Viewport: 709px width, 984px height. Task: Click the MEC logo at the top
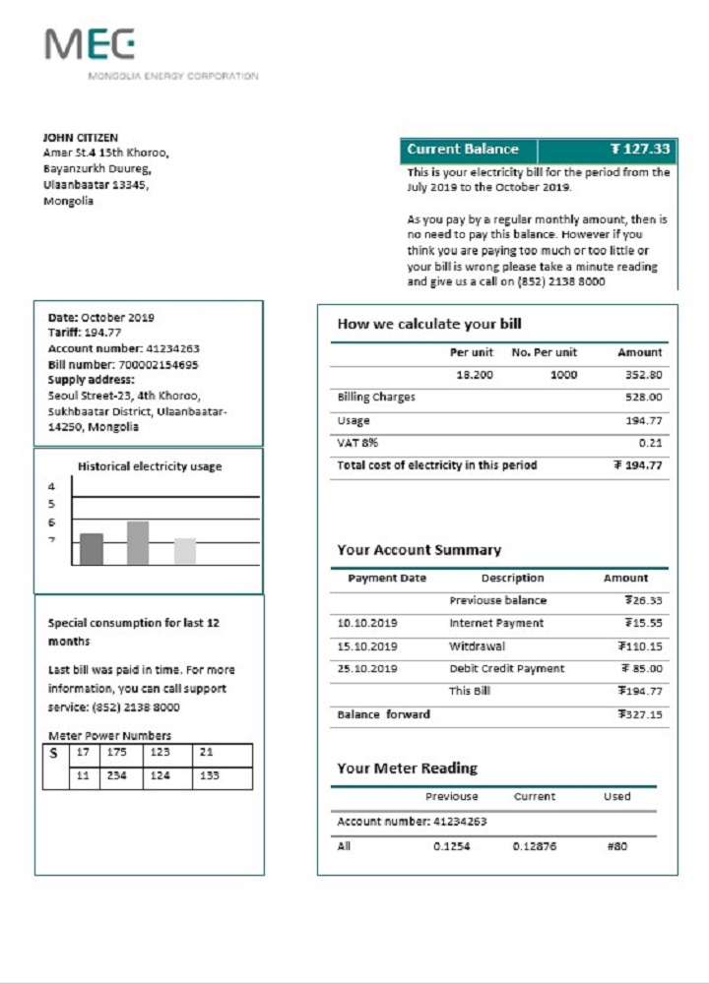click(x=90, y=45)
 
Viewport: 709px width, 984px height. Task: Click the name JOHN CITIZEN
click(x=81, y=138)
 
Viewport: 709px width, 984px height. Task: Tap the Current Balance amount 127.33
click(x=640, y=150)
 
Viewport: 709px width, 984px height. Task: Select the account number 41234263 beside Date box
click(x=172, y=348)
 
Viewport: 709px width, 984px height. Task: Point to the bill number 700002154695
click(x=151, y=364)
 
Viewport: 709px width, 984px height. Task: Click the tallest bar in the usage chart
click(x=138, y=543)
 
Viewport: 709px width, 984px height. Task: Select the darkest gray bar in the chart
click(x=92, y=549)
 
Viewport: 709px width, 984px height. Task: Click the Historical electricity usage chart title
click(x=150, y=466)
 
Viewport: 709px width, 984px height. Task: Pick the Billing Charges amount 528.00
click(x=643, y=398)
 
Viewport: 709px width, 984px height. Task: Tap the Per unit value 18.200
click(x=474, y=375)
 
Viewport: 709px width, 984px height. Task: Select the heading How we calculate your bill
click(x=429, y=324)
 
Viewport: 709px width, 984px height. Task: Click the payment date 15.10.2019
click(x=367, y=646)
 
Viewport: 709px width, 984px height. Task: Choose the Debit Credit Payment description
click(x=507, y=669)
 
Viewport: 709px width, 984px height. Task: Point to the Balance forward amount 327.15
click(x=643, y=715)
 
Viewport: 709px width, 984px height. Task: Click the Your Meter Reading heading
click(x=407, y=768)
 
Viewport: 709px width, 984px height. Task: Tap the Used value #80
click(x=617, y=846)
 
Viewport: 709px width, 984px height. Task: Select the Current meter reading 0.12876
click(x=535, y=846)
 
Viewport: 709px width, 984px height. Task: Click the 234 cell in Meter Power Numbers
click(x=116, y=776)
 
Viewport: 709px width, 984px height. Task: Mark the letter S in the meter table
click(x=53, y=754)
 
